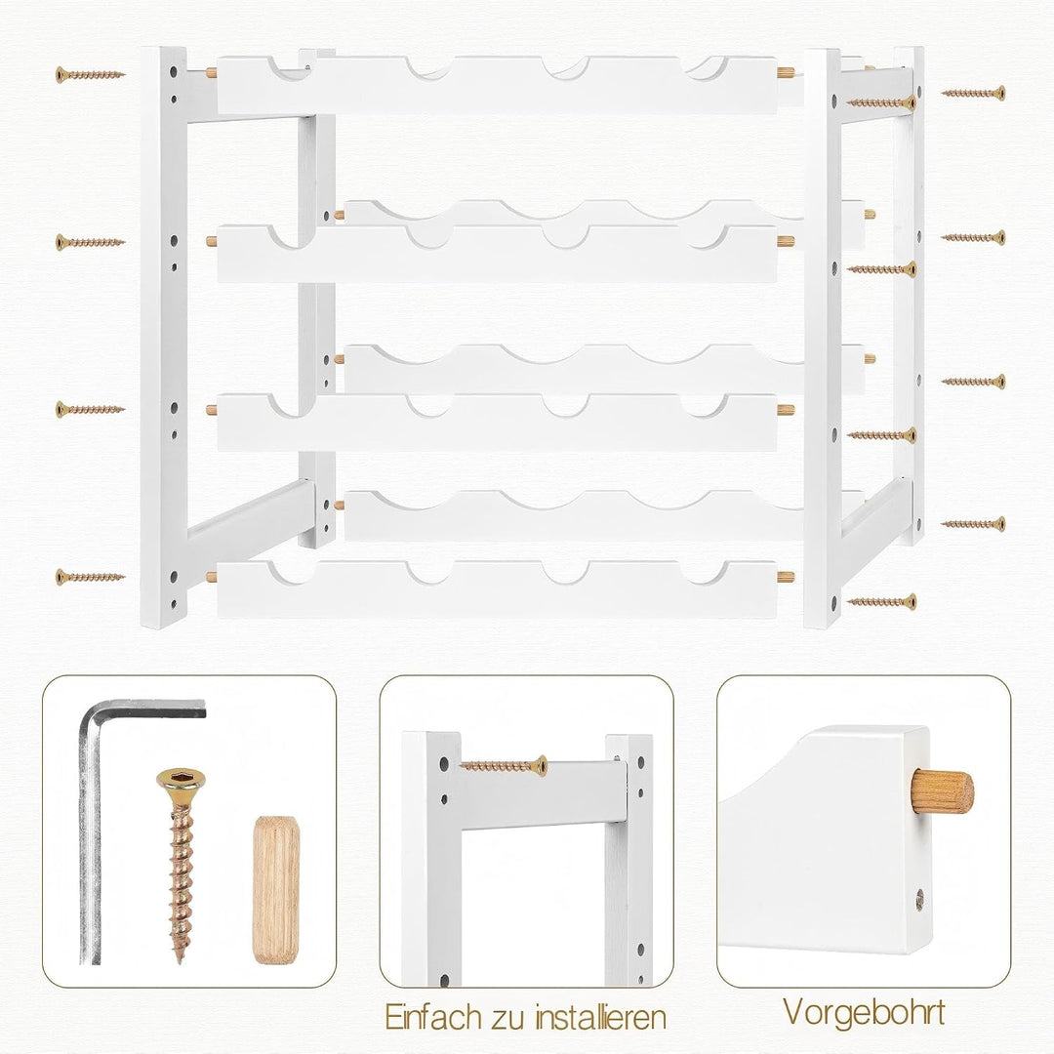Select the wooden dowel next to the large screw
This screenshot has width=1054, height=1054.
click(x=276, y=890)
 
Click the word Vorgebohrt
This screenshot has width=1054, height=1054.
click(x=864, y=1012)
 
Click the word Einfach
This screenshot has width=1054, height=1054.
click(x=432, y=1016)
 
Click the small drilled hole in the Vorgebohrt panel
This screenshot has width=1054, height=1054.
click(x=919, y=899)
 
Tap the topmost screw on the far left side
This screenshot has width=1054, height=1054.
click(x=90, y=74)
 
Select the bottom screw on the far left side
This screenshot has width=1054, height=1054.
click(x=90, y=576)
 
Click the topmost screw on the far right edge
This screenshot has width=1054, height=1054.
click(x=973, y=93)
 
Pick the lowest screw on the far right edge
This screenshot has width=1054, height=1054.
click(x=973, y=524)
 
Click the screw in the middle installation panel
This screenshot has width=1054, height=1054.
click(x=505, y=766)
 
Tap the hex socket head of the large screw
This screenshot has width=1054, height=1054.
click(x=181, y=781)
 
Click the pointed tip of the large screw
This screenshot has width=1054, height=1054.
click(x=179, y=961)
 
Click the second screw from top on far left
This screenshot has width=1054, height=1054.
click(x=90, y=242)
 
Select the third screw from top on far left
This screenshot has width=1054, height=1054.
click(x=90, y=409)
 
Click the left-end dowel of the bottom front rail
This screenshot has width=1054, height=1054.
click(x=212, y=576)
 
